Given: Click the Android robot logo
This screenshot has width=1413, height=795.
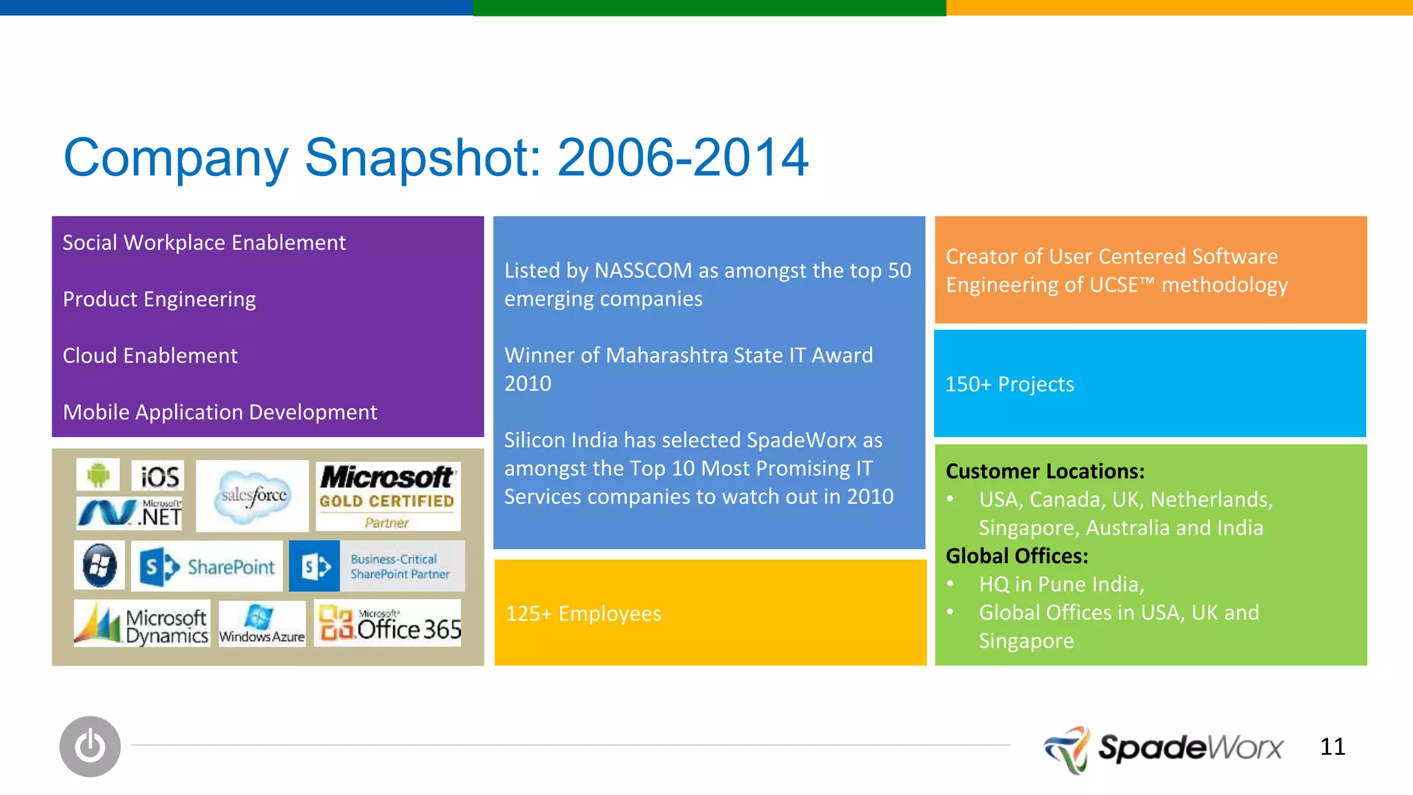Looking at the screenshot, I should pos(98,474).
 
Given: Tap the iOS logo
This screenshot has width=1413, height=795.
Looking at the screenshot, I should pos(159,476).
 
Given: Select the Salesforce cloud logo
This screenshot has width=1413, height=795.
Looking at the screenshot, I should pos(253,495).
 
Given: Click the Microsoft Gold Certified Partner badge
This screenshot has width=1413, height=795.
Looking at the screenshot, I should pos(388,496).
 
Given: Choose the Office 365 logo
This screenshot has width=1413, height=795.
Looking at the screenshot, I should pos(388,624).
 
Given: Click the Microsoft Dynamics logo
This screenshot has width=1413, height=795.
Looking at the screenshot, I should pos(141,624).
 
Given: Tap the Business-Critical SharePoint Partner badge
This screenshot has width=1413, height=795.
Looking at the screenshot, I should pos(377,567).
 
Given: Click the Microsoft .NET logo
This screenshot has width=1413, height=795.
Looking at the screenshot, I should pos(129,513).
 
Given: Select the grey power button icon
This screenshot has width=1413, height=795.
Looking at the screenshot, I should pos(90,746).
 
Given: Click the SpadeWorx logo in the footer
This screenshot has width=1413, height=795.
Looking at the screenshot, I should pos(1163,748).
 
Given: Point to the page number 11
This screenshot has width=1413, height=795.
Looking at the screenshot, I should pos(1332,747).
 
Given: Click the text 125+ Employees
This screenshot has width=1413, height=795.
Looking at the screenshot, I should pos(584,614).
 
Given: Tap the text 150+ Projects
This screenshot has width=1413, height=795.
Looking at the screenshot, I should pos(1009,384).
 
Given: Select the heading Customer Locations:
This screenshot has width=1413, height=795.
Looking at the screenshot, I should pos(1045,471).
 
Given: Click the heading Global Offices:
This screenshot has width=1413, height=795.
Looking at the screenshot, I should pos(1016,556).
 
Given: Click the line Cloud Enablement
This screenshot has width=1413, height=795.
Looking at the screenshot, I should pos(150,356).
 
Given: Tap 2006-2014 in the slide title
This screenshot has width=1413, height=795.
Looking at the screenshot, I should pos(682,157).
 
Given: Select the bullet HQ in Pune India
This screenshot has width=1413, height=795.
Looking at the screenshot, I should pos(1061,585).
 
